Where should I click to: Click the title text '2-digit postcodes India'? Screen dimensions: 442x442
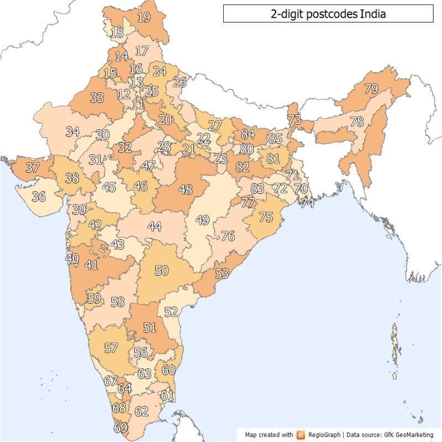pyautogui.click(x=328, y=14)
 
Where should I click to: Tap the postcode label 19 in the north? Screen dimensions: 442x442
pyautogui.click(x=144, y=17)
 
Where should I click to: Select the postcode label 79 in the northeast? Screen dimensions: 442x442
pyautogui.click(x=371, y=88)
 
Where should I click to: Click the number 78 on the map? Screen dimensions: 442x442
pyautogui.click(x=357, y=122)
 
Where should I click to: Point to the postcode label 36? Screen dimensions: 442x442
pyautogui.click(x=39, y=196)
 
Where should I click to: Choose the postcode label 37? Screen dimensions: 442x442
pyautogui.click(x=33, y=167)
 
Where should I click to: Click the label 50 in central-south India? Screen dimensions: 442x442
pyautogui.click(x=161, y=270)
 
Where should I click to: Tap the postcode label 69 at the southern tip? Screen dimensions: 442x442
pyautogui.click(x=120, y=428)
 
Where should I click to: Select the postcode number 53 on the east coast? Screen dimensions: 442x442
pyautogui.click(x=222, y=273)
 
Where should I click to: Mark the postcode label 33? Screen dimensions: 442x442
pyautogui.click(x=97, y=98)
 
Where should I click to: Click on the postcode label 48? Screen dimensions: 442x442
pyautogui.click(x=186, y=190)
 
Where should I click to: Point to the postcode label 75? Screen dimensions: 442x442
pyautogui.click(x=266, y=217)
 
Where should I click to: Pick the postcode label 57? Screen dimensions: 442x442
pyautogui.click(x=111, y=348)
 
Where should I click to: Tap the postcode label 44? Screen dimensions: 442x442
pyautogui.click(x=155, y=227)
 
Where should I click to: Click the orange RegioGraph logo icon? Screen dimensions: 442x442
pyautogui.click(x=301, y=435)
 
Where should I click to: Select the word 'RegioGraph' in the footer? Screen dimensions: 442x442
pyautogui.click(x=325, y=435)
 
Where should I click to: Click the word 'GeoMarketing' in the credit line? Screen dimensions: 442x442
pyautogui.click(x=415, y=435)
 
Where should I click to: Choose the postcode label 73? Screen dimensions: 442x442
pyautogui.click(x=294, y=119)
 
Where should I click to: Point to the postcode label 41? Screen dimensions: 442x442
pyautogui.click(x=91, y=265)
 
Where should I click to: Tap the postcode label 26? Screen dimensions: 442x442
pyautogui.click(x=180, y=82)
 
